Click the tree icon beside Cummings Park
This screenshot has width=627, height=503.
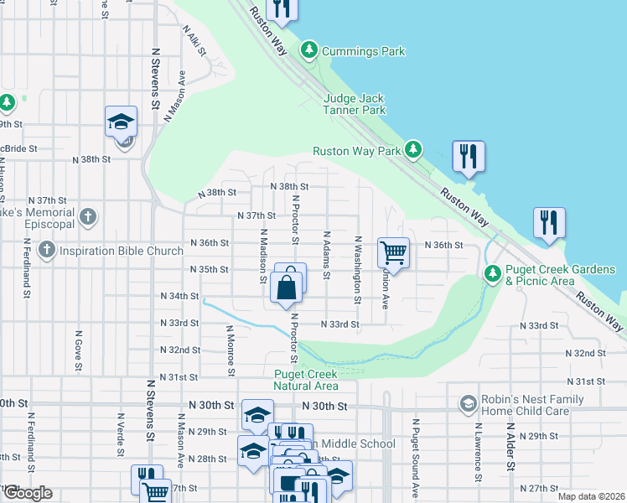(309, 51)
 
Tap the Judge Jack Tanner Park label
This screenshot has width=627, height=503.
(355, 104)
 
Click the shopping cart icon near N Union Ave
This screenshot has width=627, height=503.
(394, 251)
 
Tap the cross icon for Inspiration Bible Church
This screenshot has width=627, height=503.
(46, 250)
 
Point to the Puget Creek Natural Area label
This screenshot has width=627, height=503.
(305, 380)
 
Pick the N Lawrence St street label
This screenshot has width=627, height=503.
(477, 452)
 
